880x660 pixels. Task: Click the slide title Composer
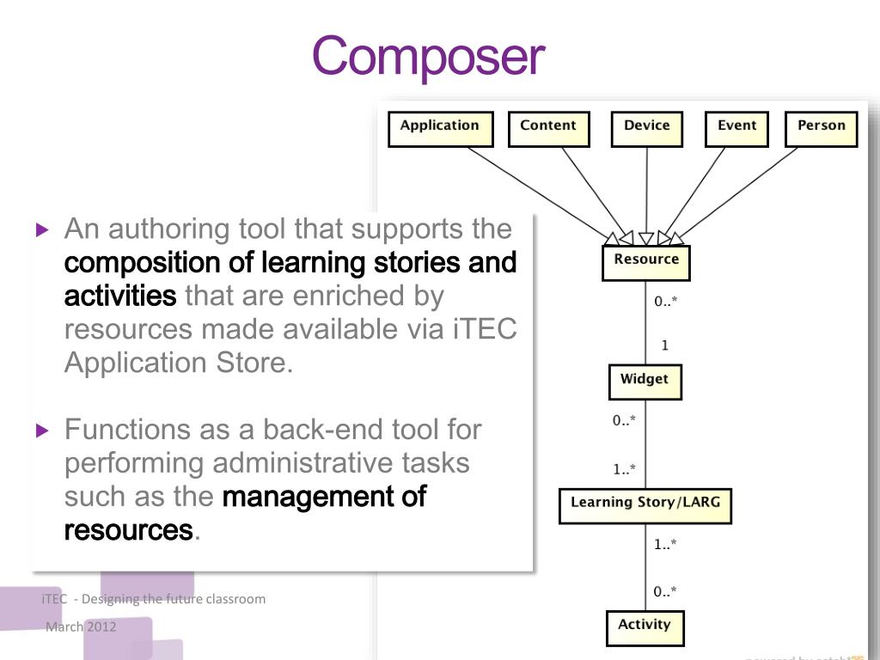(x=428, y=56)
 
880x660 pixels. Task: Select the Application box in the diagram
(x=440, y=129)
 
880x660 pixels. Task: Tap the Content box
(x=548, y=129)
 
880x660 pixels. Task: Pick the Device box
(x=646, y=129)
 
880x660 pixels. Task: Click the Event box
(x=736, y=129)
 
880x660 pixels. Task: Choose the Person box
(x=821, y=129)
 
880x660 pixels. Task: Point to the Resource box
(x=646, y=262)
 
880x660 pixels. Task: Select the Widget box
(x=645, y=382)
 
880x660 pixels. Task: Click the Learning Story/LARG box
(x=645, y=505)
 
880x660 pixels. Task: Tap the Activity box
(x=645, y=627)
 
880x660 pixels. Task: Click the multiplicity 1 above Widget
(x=664, y=345)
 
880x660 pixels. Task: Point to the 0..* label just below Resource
(x=665, y=302)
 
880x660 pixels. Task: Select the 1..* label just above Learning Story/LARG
(x=624, y=469)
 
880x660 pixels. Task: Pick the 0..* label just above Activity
(x=665, y=591)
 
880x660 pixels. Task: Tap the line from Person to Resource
(x=739, y=191)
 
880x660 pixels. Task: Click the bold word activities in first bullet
(x=119, y=296)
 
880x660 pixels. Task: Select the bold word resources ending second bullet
(x=128, y=530)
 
